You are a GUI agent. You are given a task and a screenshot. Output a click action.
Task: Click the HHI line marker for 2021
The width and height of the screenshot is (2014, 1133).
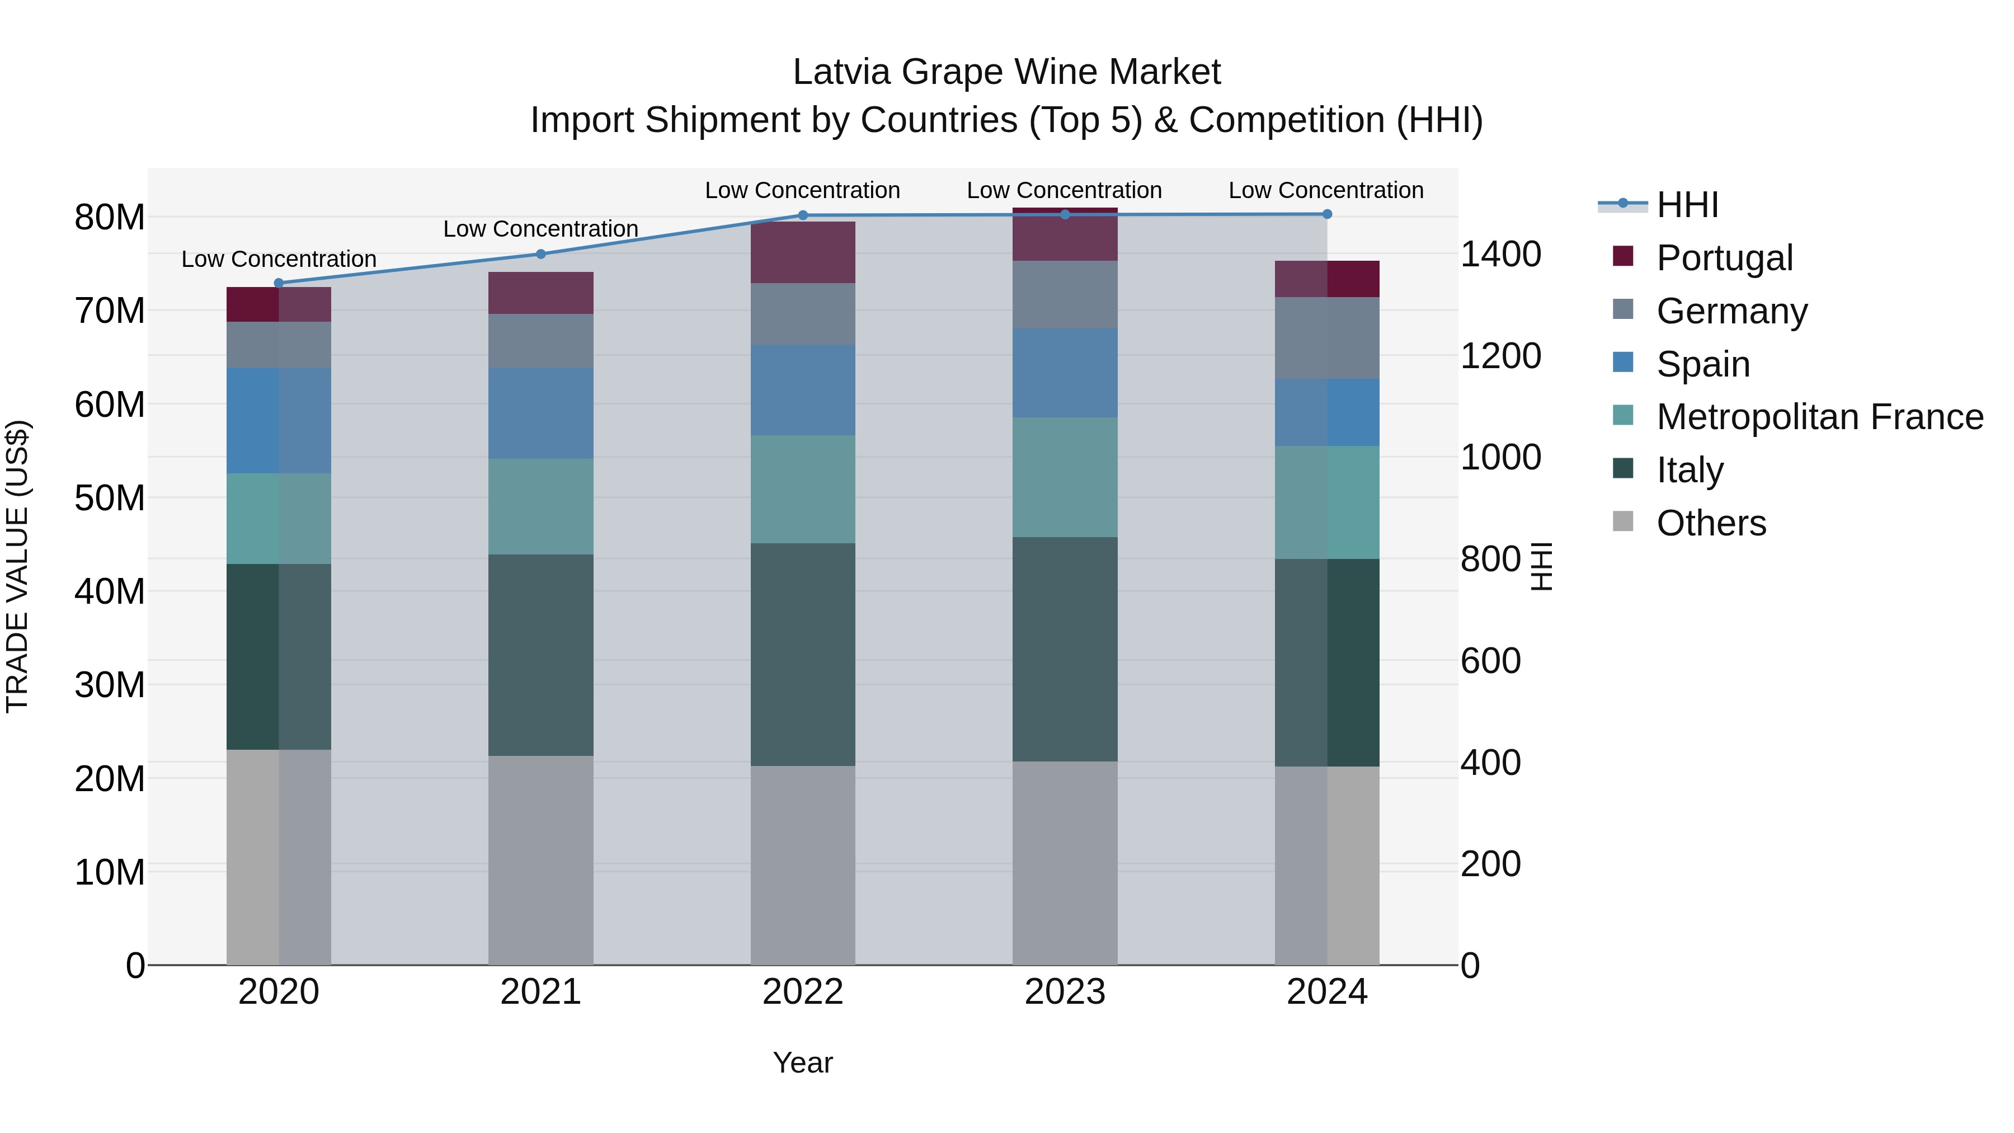pos(540,254)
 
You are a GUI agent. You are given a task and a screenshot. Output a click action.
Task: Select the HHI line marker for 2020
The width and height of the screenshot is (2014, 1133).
pos(279,283)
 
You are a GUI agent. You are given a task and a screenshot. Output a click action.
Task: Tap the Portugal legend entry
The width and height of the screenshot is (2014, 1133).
pos(1724,258)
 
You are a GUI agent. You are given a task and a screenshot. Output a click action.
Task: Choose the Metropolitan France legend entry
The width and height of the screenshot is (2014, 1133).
pos(1819,417)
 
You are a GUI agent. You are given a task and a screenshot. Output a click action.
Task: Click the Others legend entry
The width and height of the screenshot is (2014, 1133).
pos(1711,523)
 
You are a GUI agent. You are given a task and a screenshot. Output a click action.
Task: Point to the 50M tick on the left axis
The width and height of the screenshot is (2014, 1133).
pos(110,498)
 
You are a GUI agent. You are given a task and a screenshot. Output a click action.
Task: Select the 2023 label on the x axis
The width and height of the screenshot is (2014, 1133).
pos(1064,992)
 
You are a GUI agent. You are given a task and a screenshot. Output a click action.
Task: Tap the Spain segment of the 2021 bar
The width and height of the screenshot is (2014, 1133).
pos(540,413)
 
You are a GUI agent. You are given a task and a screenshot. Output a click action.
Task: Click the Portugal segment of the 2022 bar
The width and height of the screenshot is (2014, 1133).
pos(802,252)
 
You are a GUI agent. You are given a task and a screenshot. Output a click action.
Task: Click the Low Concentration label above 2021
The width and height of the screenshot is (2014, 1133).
pos(540,229)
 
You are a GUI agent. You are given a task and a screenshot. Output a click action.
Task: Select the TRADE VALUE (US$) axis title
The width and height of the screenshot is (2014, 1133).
pos(17,566)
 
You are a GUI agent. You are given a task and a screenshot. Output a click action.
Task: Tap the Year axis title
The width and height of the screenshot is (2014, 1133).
pos(802,1063)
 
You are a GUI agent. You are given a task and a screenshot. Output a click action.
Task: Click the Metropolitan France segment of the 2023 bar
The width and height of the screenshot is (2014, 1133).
pos(1064,477)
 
